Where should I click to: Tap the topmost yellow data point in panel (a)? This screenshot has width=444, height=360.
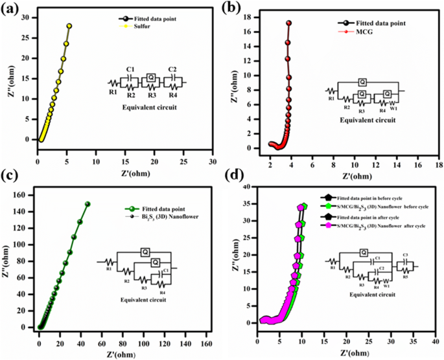coord(69,26)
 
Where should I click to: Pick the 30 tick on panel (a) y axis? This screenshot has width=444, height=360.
coord(27,18)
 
